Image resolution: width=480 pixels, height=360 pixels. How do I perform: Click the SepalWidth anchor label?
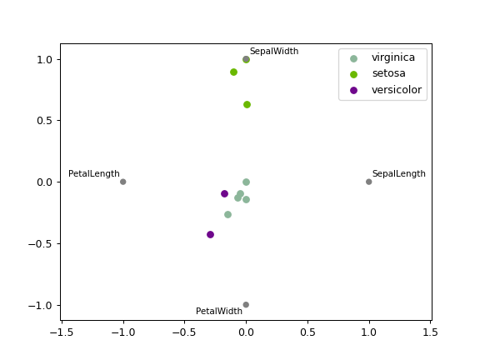pyautogui.click(x=273, y=52)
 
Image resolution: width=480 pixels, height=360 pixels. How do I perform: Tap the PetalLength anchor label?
pyautogui.click(x=93, y=174)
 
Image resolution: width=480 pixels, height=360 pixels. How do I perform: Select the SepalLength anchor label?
pyautogui.click(x=398, y=174)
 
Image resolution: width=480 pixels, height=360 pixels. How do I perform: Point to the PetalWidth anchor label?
pyautogui.click(x=219, y=312)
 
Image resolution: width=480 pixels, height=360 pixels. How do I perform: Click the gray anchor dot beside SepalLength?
pyautogui.click(x=368, y=182)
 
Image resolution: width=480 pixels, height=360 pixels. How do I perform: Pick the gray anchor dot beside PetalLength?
pyautogui.click(x=122, y=182)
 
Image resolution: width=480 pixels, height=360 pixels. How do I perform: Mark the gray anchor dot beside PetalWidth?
pyautogui.click(x=246, y=305)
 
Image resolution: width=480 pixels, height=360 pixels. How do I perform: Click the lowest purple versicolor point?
pyautogui.click(x=210, y=234)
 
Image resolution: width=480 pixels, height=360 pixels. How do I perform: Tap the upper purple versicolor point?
pyautogui.click(x=224, y=193)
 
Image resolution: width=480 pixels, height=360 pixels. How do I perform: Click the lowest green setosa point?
pyautogui.click(x=247, y=104)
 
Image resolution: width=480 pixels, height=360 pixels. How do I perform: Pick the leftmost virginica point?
pyautogui.click(x=227, y=214)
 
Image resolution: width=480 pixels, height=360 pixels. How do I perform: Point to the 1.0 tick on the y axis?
pyautogui.click(x=46, y=59)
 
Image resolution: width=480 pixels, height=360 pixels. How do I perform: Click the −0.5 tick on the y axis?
pyautogui.click(x=42, y=243)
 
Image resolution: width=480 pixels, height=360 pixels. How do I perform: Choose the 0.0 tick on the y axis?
pyautogui.click(x=46, y=182)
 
